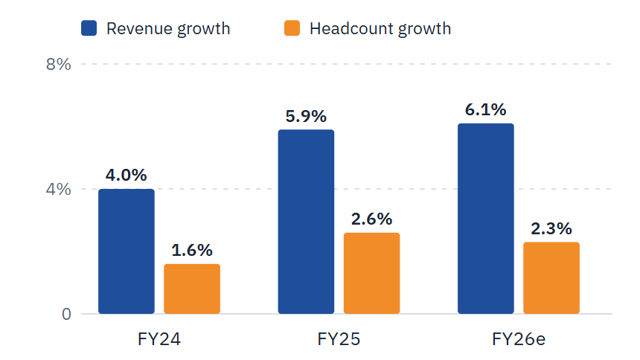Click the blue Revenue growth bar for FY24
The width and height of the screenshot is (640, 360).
127,251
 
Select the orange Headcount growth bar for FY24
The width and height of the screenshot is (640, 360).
192,289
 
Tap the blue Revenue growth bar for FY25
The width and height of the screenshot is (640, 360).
306,222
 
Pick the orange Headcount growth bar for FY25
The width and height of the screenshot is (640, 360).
371,274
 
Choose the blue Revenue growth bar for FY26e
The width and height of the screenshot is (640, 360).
486,219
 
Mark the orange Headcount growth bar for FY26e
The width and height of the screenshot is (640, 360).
551,278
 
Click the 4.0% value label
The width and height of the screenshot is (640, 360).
126,175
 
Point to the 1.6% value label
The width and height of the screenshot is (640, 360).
192,250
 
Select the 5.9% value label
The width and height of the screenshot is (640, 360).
306,116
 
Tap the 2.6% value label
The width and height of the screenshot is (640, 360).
371,219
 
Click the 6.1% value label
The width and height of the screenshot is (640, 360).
486,110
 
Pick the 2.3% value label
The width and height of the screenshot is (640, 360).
551,228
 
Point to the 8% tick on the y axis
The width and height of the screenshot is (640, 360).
58,65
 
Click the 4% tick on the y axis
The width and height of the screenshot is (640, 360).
58,190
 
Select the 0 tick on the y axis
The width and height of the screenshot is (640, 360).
66,315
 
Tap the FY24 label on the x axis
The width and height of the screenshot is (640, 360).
159,339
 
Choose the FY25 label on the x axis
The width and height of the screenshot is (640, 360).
339,339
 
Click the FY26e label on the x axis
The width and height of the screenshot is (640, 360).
519,339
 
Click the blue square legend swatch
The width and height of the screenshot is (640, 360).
89,28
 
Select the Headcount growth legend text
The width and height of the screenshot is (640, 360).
380,28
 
